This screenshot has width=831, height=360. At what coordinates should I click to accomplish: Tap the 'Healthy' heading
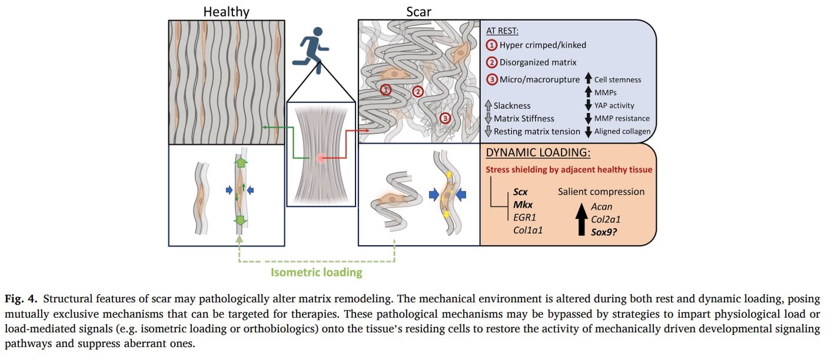227,11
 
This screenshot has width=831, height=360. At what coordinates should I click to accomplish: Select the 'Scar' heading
418,11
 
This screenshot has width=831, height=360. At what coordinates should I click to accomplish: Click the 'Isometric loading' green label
317,272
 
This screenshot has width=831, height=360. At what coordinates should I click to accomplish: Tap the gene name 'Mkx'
523,205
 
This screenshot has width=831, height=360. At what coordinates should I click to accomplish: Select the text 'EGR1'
525,218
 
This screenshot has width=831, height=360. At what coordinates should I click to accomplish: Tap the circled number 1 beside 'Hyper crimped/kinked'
491,45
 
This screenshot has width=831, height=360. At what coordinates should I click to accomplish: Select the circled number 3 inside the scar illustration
446,118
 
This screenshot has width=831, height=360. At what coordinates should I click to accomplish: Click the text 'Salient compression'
601,192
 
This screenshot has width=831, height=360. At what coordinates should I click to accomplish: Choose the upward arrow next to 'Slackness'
488,105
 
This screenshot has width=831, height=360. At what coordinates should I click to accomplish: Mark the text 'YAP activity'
614,105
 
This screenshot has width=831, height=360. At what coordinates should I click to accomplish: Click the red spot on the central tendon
320,158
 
